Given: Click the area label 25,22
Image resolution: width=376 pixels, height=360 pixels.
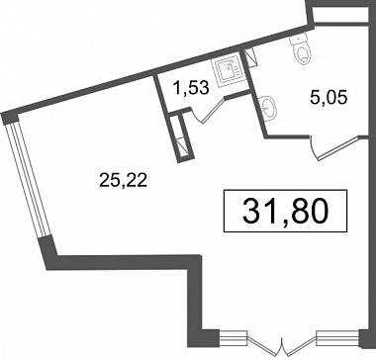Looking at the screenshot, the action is tap(123, 181).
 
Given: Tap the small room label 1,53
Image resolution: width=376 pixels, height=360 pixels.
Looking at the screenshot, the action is tap(192, 88).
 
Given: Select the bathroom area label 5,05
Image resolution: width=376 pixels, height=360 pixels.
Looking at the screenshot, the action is tap(329, 98).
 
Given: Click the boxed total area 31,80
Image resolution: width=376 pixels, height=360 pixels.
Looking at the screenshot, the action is tap(286, 211).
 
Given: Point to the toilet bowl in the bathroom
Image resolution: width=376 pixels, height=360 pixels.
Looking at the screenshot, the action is tap(303, 53).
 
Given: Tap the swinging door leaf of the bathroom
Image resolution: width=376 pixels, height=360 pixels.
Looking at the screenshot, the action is tap(337, 149).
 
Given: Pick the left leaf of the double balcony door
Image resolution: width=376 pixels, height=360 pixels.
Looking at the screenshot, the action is tap(265, 345).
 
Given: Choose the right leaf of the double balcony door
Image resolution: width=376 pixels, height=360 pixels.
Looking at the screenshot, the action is tap(300, 345).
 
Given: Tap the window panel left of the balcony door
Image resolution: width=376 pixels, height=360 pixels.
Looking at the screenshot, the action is tap(234, 337).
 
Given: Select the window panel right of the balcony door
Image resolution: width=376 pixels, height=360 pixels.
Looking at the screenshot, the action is tap(337, 337).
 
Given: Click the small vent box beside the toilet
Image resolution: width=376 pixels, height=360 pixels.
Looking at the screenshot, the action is tap(250, 56).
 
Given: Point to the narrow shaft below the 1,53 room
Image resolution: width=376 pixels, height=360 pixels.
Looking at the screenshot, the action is tap(182, 135).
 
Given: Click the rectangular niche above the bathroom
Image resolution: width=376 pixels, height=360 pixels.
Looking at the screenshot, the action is tap(340, 15).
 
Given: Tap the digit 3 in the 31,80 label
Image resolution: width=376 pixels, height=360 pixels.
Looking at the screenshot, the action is tap(251, 212).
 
